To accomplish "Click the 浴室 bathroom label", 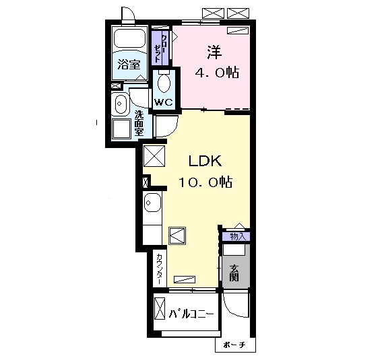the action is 129,65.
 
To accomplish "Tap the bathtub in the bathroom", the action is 129,38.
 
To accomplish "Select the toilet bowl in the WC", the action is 164,83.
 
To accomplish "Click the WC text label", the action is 164,102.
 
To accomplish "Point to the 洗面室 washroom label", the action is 139,123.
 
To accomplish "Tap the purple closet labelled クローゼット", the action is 160,48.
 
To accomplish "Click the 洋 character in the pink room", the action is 214,52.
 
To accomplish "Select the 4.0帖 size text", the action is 217,73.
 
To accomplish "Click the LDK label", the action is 205,161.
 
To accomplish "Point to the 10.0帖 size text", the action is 205,182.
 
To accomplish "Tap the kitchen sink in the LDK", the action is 152,202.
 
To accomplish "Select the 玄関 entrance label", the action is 234,273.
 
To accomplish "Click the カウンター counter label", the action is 159,268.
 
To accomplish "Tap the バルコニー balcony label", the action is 191,314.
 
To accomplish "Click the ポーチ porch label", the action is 234,345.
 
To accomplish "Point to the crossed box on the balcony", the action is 160,309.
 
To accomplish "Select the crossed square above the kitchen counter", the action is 154,156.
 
